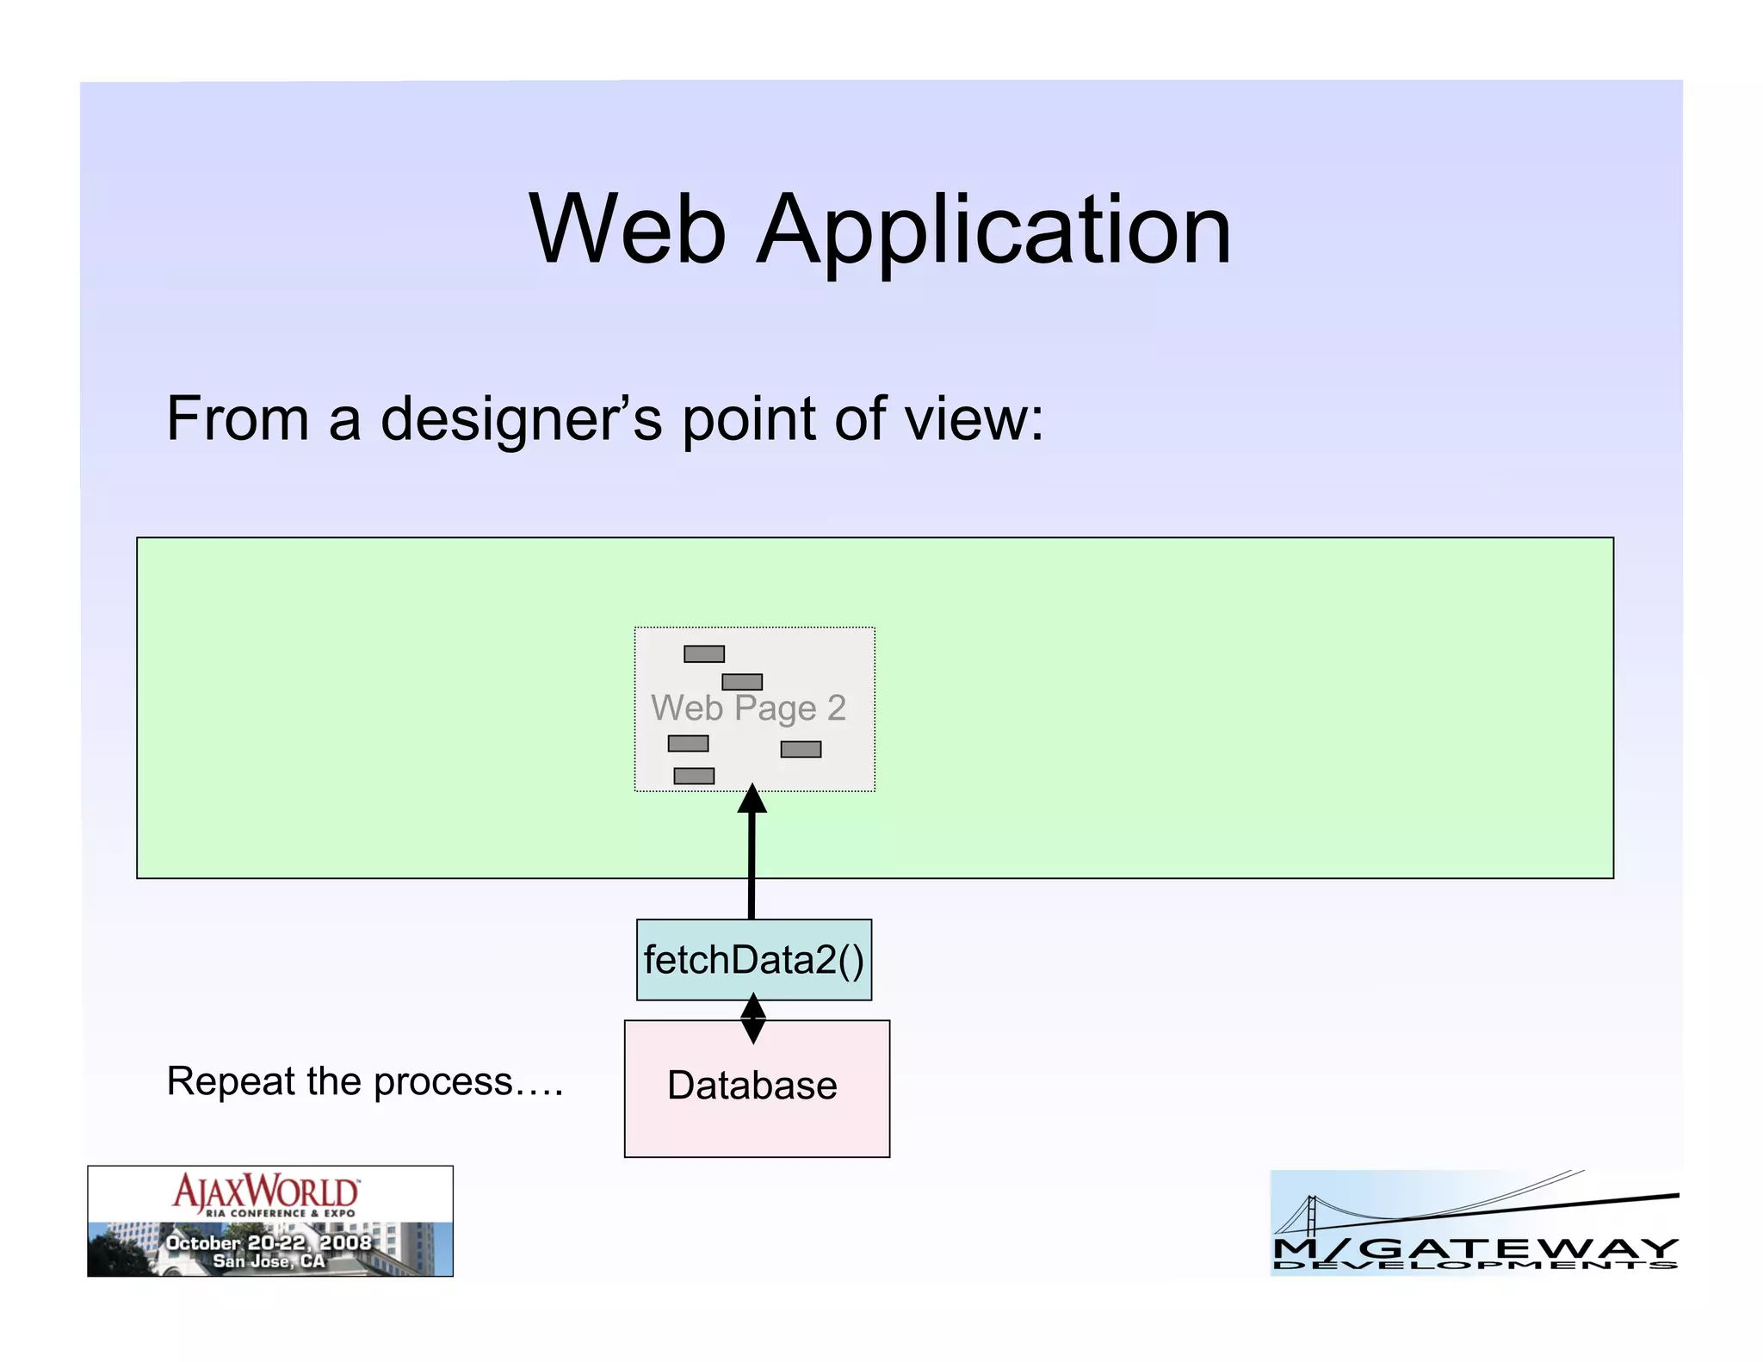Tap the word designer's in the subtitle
[521, 419]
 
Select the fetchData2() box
[753, 960]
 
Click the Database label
[752, 1085]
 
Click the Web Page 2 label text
[748, 709]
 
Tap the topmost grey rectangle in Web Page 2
[703, 654]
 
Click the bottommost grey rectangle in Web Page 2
[694, 776]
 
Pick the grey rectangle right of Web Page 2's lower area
[801, 750]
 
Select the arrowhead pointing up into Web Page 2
[752, 799]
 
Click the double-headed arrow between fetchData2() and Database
[753, 1018]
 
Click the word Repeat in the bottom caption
[220, 1081]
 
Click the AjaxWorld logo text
[266, 1192]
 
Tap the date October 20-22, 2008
[269, 1242]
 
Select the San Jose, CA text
[269, 1261]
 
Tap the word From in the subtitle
[237, 419]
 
